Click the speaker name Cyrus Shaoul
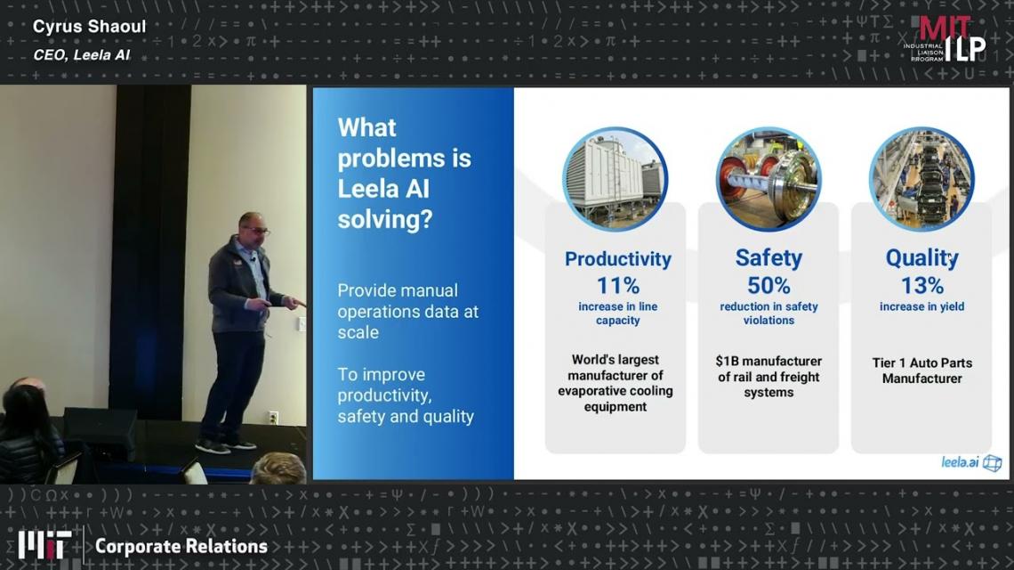(89, 27)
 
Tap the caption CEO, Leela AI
(82, 55)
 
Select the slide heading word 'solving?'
(385, 220)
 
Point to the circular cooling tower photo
(615, 179)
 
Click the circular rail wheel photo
(769, 179)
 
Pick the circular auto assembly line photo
(921, 179)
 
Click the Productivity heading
(617, 259)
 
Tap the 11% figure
(617, 285)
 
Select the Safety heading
(769, 257)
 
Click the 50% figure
(769, 285)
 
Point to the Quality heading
(921, 257)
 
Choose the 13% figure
(922, 285)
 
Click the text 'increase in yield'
(921, 306)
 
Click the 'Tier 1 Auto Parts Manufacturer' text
(921, 370)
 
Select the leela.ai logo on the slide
(970, 462)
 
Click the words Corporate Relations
(181, 546)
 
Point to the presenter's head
(252, 228)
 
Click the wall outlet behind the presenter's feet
(274, 417)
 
